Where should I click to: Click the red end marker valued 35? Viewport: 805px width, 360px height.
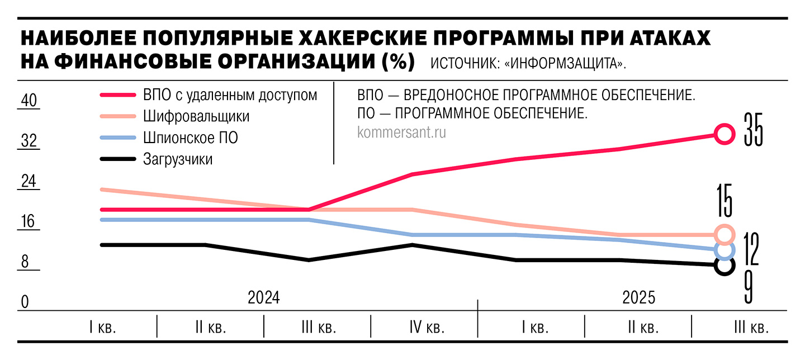[x=724, y=134]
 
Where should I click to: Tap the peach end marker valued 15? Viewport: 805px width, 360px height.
[x=724, y=234]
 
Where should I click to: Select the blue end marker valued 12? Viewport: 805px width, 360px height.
[x=724, y=250]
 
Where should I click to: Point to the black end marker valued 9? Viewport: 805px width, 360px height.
[x=724, y=266]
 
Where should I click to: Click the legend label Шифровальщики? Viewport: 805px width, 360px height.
[x=196, y=117]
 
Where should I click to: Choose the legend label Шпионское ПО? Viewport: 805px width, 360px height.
[x=191, y=138]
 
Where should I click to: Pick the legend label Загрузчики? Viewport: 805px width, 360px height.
[x=178, y=159]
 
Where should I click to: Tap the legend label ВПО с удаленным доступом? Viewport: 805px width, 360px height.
[x=230, y=96]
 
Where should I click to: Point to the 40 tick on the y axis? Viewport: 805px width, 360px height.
[x=29, y=101]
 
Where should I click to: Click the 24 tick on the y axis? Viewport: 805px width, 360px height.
[x=29, y=182]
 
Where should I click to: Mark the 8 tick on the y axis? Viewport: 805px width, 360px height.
[x=25, y=263]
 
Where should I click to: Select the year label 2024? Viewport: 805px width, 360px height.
[x=263, y=297]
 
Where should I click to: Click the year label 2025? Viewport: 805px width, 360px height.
[x=638, y=297]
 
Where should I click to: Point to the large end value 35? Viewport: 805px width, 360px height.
[x=753, y=129]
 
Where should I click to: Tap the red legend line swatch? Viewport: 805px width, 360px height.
[x=117, y=96]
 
